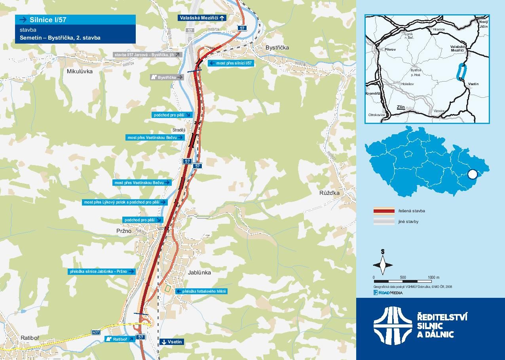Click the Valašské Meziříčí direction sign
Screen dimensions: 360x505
click(202, 18)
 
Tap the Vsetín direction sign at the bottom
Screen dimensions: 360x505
click(171, 342)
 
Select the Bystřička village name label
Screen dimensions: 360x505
click(277, 48)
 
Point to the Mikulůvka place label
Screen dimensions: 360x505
click(80, 71)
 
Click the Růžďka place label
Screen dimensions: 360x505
click(329, 193)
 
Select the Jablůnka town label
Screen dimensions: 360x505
click(199, 272)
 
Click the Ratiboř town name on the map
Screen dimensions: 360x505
click(30, 337)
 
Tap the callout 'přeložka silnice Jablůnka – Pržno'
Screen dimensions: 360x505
click(102, 272)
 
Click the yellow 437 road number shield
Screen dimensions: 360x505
click(96, 332)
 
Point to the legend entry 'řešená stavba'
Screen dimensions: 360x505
click(412, 211)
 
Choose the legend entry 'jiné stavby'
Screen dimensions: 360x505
click(408, 221)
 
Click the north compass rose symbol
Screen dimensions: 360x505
click(383, 265)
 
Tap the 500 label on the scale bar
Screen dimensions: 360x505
click(403, 277)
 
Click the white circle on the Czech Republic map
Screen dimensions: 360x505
click(472, 174)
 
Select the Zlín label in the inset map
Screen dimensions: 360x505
click(401, 107)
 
